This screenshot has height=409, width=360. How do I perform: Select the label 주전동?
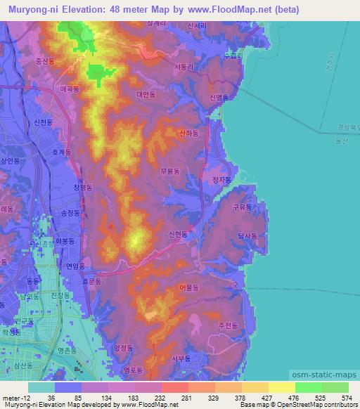point(229,326)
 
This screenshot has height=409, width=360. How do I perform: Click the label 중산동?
point(45,61)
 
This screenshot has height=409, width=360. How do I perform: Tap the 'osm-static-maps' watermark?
point(330,372)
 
